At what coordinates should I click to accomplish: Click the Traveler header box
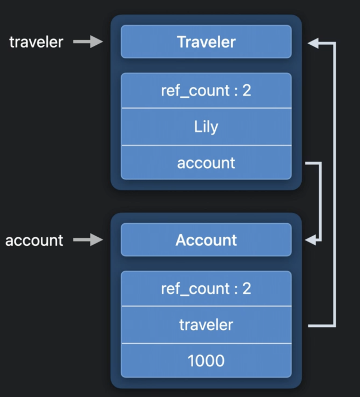(206, 42)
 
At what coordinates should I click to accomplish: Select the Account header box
(206, 240)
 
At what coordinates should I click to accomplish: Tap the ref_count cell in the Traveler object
(206, 90)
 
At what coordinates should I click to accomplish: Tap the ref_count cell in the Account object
(206, 289)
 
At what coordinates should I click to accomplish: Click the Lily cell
(206, 127)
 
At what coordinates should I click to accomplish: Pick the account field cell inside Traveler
(206, 163)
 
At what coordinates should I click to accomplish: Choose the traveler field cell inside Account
(206, 325)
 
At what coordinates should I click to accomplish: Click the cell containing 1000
(206, 361)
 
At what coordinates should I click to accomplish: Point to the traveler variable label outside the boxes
(36, 42)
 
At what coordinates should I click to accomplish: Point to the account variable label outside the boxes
(34, 240)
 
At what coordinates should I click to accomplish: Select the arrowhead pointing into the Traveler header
(313, 44)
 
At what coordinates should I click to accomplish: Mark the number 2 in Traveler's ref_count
(247, 90)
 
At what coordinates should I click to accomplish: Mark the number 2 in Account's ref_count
(247, 289)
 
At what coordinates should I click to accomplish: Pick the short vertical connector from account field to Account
(320, 202)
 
